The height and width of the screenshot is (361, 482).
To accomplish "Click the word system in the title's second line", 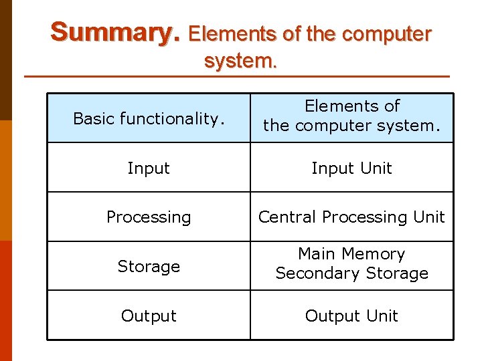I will tap(240, 61).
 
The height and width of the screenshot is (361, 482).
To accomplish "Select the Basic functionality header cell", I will tap(149, 119).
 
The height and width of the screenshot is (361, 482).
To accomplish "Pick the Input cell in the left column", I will tap(149, 168).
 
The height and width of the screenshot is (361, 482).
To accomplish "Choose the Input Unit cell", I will tap(351, 168).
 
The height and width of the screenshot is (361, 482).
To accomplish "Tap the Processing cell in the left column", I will tap(149, 217).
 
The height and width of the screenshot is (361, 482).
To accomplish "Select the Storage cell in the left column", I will tap(149, 267).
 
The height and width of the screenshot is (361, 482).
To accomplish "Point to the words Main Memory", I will tap(351, 254).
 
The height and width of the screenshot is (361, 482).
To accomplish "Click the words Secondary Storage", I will tap(351, 273).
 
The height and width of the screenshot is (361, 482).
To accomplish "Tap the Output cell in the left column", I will tap(149, 316).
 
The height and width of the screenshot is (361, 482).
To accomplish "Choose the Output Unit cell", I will tap(351, 316).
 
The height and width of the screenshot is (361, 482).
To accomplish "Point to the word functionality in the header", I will tap(170, 119).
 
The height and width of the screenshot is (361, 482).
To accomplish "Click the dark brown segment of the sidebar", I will tap(5, 60).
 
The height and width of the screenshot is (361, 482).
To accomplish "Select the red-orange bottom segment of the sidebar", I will tap(5, 301).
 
